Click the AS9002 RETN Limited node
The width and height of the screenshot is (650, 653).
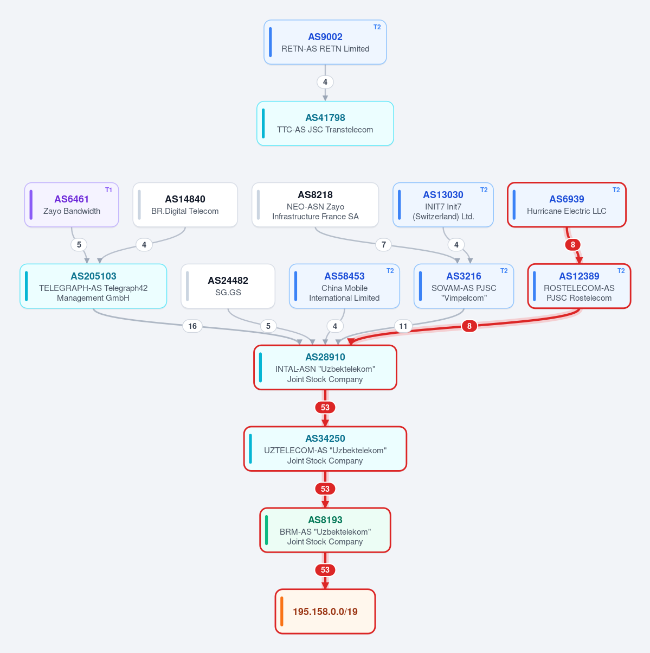tap(325, 42)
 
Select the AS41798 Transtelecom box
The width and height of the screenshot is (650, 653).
tap(325, 123)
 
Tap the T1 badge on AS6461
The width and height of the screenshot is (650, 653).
tap(108, 190)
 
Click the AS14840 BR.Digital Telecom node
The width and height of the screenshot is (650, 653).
tap(185, 205)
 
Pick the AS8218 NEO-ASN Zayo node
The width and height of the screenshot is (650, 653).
tap(315, 205)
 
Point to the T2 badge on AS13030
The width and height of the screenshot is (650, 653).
tap(484, 190)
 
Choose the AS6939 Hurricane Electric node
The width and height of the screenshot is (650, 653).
tap(567, 205)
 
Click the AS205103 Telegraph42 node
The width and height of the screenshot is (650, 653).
tap(93, 286)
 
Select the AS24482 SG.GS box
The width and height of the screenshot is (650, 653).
tap(228, 286)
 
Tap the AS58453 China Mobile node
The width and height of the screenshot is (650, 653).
tap(344, 286)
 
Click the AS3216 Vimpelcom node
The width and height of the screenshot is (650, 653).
tap(464, 286)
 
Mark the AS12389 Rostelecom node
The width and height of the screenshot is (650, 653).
tap(579, 286)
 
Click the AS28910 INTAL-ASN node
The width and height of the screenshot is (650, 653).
tap(325, 367)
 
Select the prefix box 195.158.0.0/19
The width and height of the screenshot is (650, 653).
tap(325, 611)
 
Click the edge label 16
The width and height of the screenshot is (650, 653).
tap(192, 326)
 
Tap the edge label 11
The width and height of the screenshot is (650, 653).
tap(403, 326)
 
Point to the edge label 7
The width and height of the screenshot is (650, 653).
tap(384, 245)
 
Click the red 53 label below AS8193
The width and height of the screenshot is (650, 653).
tap(325, 570)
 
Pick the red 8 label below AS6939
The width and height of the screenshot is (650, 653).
tap(573, 245)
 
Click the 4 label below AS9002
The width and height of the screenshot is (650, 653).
tap(325, 82)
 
